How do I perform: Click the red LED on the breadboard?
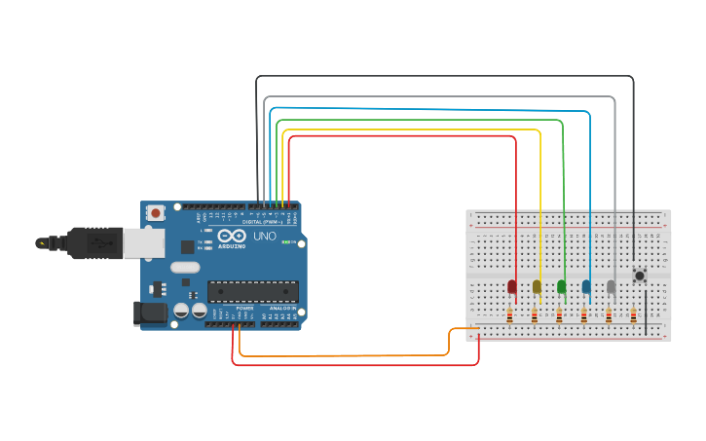coord(511,286)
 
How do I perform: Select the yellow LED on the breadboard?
coord(537,286)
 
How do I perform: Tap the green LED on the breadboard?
coord(561,286)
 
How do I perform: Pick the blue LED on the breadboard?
coord(586,286)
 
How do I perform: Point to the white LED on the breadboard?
coord(611,286)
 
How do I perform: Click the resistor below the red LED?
coord(509,314)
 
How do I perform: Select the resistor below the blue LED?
coord(583,314)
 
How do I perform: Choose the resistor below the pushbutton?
coord(633,314)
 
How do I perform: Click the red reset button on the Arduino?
coord(155,212)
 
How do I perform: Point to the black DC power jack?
coord(148,312)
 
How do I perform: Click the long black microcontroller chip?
coord(253,291)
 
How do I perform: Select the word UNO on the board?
coord(265,237)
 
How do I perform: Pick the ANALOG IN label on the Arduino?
coord(280,307)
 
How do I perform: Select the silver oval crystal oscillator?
coord(184,267)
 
